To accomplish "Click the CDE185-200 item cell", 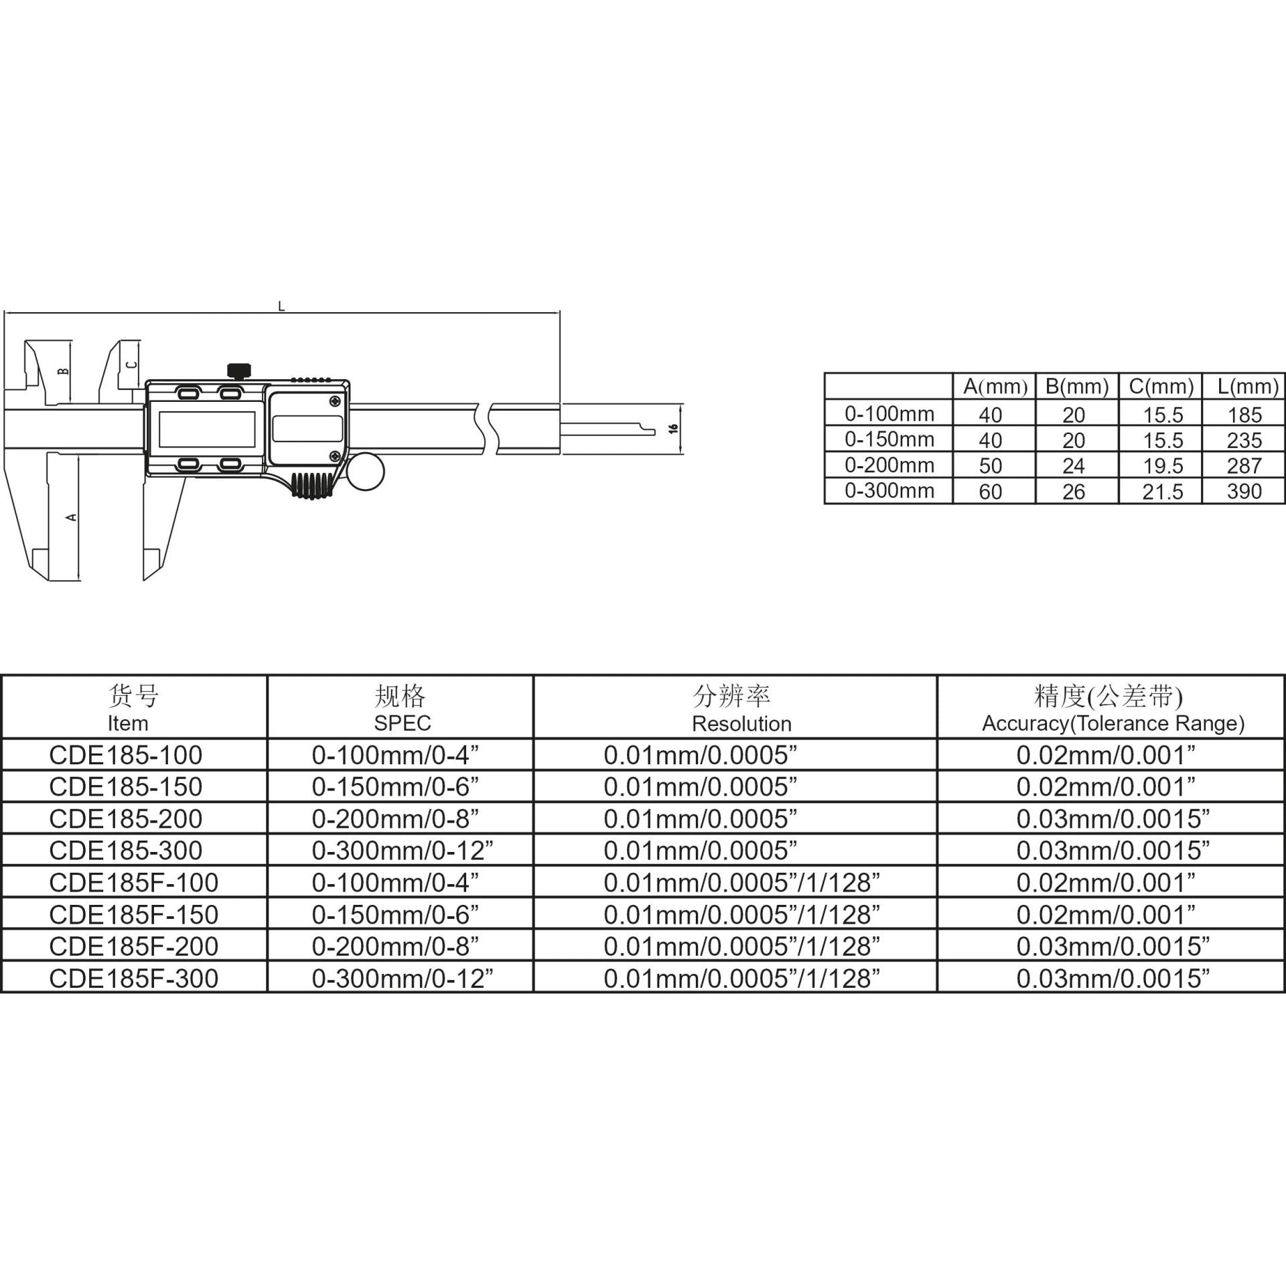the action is pyautogui.click(x=126, y=818).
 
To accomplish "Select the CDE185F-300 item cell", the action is pyautogui.click(x=134, y=979).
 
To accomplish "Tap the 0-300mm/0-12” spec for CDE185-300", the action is pyautogui.click(x=403, y=851).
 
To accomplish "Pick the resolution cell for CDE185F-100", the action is pyautogui.click(x=741, y=883).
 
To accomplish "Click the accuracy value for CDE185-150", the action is pyautogui.click(x=1106, y=787).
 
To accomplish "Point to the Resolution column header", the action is pyautogui.click(x=741, y=723).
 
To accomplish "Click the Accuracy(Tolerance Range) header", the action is pyautogui.click(x=1113, y=723).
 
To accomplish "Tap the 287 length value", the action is pyautogui.click(x=1244, y=466).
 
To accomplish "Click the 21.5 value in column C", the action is pyautogui.click(x=1163, y=492).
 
